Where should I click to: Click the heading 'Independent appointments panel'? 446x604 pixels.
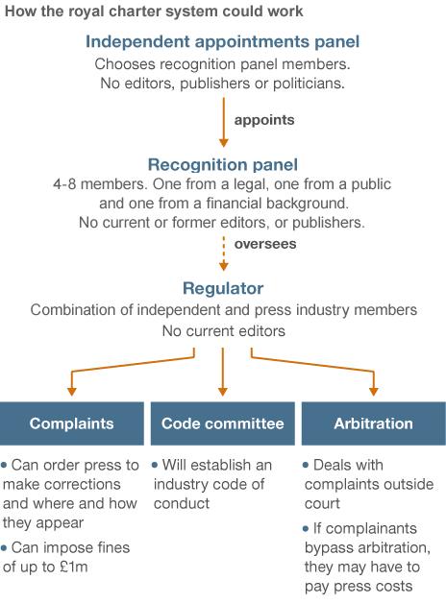[223, 42]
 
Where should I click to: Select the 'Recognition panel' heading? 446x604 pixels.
[223, 164]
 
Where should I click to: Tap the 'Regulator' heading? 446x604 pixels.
[223, 288]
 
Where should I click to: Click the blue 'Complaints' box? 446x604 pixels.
[72, 423]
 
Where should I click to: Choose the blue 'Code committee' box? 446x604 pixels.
[223, 423]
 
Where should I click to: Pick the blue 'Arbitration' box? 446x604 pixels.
[373, 423]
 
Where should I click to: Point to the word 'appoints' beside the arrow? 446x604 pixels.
[264, 121]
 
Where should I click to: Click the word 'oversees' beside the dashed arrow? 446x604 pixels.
[264, 244]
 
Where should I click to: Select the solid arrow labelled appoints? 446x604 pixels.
[223, 121]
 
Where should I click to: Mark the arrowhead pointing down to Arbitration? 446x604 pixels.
[374, 390]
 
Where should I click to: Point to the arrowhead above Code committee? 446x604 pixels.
[223, 390]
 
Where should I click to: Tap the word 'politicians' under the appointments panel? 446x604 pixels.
[307, 84]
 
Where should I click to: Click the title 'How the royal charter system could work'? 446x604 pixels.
[154, 12]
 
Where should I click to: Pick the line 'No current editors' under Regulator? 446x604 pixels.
[223, 330]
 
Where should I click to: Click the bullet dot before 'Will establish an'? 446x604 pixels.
[155, 465]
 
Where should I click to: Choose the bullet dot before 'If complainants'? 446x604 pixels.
[306, 528]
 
